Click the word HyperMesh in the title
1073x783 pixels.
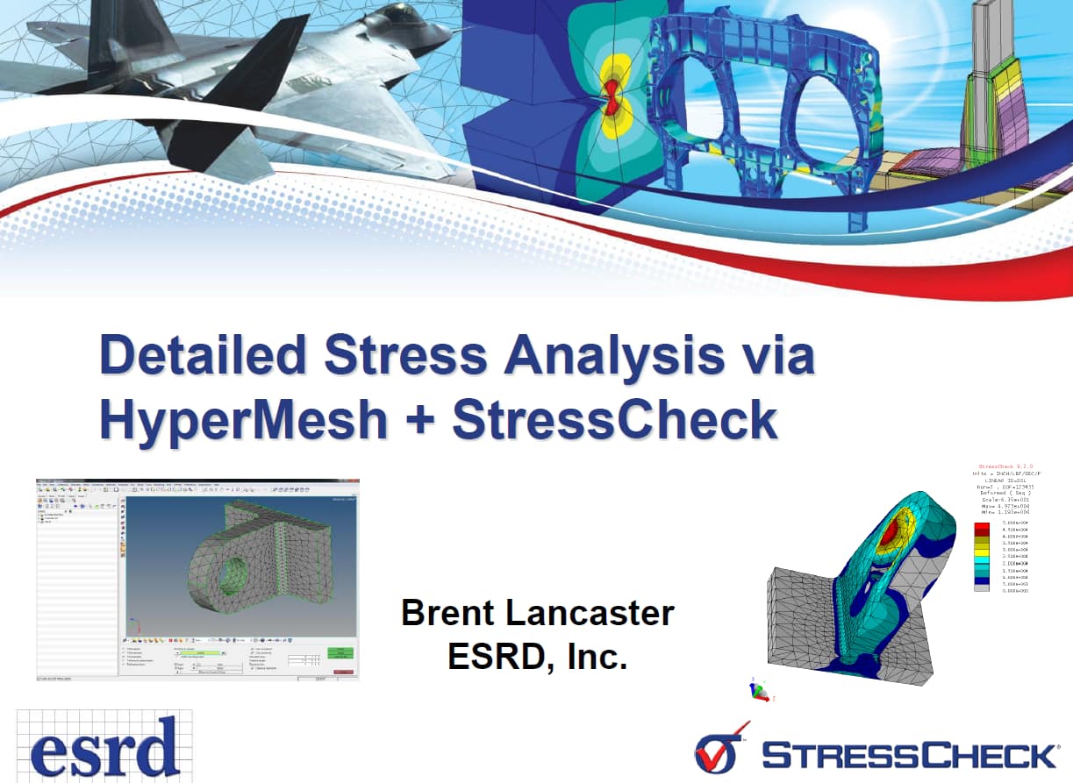point(244,418)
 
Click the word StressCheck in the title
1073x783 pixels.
point(615,418)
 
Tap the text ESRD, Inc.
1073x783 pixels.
point(537,655)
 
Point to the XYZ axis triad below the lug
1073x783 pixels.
point(757,691)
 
